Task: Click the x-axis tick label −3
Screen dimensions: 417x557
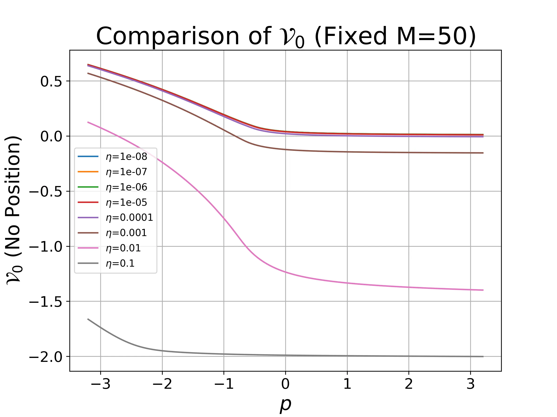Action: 100,384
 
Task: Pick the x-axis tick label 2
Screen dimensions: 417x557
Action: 409,384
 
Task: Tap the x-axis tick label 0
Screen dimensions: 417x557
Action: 285,384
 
